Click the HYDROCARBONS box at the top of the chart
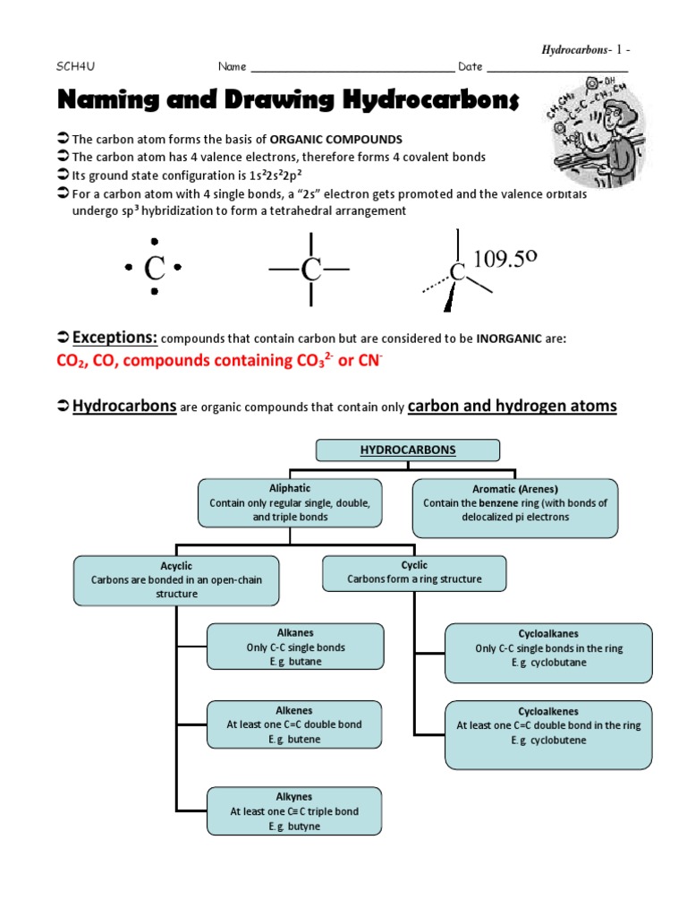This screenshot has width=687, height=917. tap(407, 450)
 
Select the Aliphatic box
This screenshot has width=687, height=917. tap(290, 502)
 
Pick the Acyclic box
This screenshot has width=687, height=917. tap(176, 579)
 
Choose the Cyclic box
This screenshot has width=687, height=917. tap(414, 573)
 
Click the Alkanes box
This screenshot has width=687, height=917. tap(295, 647)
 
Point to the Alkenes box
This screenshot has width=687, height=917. tap(295, 724)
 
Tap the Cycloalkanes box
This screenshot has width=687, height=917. tap(548, 647)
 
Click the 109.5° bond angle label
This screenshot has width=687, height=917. tap(505, 260)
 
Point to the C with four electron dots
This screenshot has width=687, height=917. tap(155, 267)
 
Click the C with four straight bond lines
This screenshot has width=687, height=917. tap(310, 268)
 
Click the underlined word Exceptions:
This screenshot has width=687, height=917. tap(114, 338)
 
